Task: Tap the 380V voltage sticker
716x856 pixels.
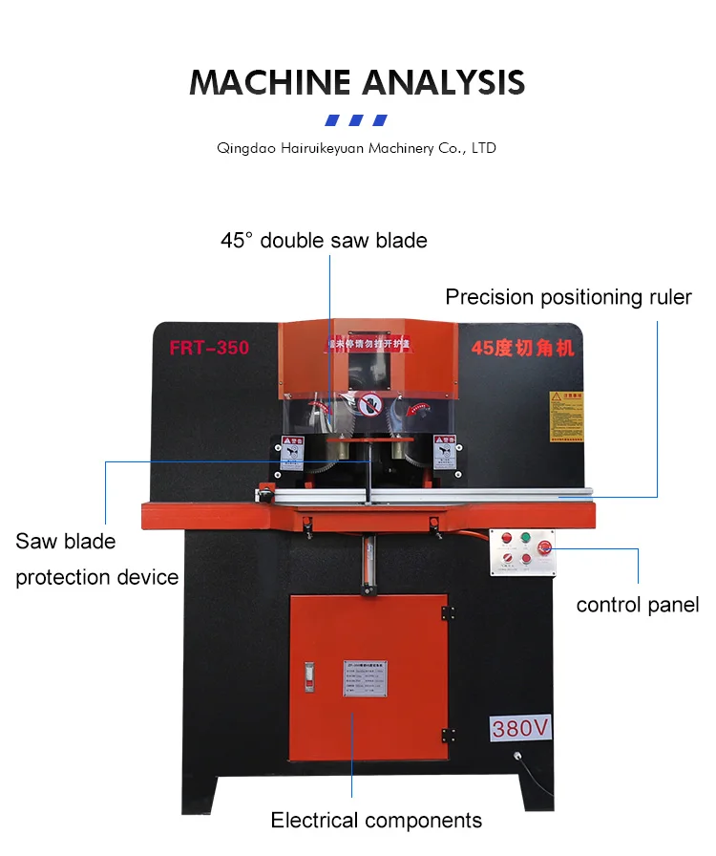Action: pyautogui.click(x=521, y=729)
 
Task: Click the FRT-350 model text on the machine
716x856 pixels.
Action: pyautogui.click(x=209, y=348)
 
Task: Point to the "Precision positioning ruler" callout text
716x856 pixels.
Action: pyautogui.click(x=568, y=297)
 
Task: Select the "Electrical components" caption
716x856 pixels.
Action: pyautogui.click(x=376, y=820)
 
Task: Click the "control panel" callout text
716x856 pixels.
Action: pyautogui.click(x=637, y=605)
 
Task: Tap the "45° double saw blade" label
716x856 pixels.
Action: pyautogui.click(x=324, y=240)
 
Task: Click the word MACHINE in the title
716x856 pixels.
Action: pyautogui.click(x=266, y=82)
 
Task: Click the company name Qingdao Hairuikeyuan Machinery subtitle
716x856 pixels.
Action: pyautogui.click(x=356, y=148)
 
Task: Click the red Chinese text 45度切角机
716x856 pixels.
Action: pyautogui.click(x=522, y=348)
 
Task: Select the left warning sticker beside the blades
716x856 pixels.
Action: pyautogui.click(x=290, y=452)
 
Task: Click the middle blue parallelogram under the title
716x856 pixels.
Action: pyautogui.click(x=356, y=120)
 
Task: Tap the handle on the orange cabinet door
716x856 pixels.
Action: pyautogui.click(x=309, y=674)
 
